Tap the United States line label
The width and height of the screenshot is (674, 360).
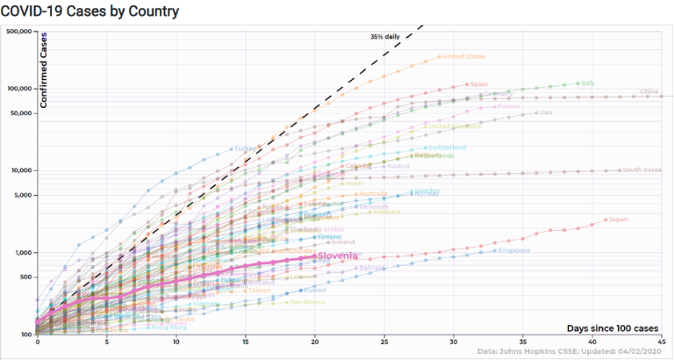point(463,57)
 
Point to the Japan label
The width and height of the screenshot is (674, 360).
point(619,220)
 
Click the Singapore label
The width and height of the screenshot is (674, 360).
point(513,251)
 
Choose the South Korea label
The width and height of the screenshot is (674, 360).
point(642,169)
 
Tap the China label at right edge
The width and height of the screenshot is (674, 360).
point(649,91)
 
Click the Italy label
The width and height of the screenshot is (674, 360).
point(588,83)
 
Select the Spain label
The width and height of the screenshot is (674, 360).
point(479,84)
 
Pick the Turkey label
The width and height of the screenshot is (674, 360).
point(246,148)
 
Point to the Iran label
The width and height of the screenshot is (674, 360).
point(546,112)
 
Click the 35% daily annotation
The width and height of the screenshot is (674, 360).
point(385,37)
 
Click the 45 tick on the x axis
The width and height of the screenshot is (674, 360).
point(663,342)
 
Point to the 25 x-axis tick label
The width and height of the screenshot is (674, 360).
point(384,342)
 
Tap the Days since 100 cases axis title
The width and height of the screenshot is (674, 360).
point(613,328)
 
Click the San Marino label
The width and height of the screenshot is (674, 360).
point(308,302)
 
